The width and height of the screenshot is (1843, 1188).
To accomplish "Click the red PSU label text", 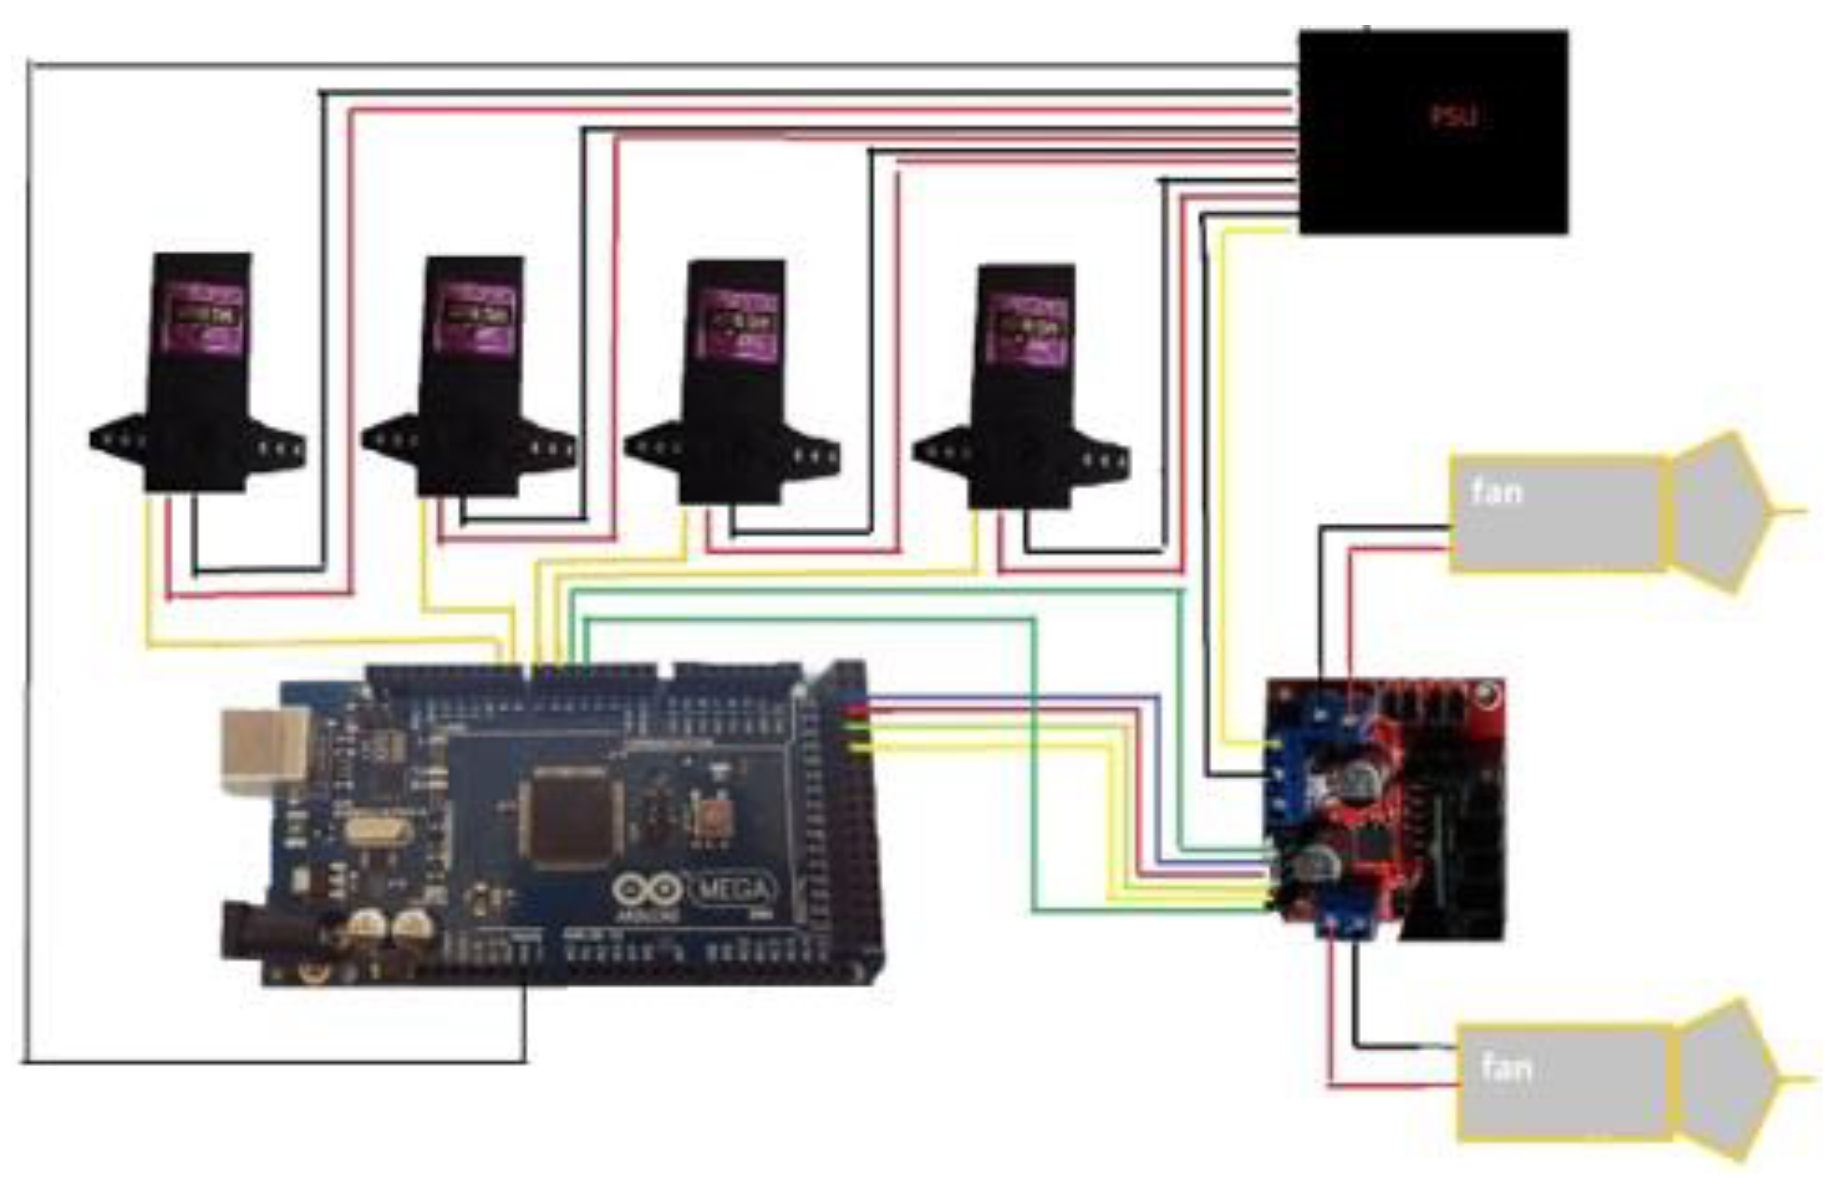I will tap(1454, 116).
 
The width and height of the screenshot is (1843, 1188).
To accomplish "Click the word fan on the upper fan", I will tap(1497, 492).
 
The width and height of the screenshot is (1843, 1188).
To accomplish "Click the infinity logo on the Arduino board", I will tap(646, 891).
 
